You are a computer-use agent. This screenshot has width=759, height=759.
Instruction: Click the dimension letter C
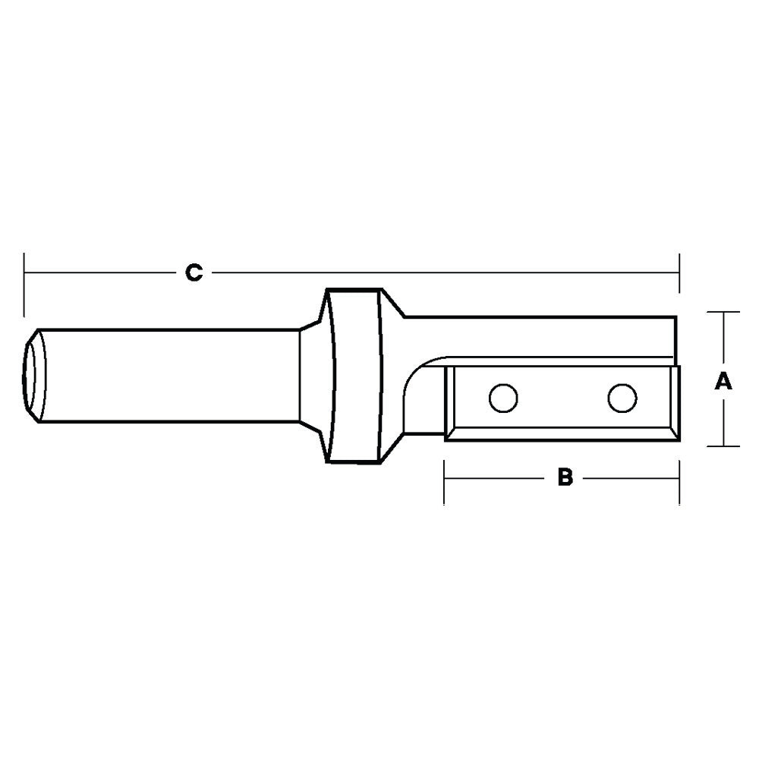point(194,272)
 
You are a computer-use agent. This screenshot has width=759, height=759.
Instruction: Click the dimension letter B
point(564,477)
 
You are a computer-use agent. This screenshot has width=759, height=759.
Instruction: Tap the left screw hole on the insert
point(502,398)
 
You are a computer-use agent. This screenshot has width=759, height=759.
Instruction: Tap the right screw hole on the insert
point(622,396)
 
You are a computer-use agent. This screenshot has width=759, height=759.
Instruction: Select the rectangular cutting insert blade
point(562,403)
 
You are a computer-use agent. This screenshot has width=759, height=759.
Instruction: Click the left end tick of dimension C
point(24,283)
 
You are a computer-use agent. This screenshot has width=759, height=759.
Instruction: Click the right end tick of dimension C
point(679,273)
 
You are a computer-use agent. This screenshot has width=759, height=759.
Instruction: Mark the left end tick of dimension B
point(445,480)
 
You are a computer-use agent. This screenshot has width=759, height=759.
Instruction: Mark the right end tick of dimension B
point(679,480)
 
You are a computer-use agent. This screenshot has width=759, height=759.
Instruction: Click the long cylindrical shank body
point(167,375)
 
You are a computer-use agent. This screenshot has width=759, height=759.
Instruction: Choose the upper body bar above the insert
point(539,338)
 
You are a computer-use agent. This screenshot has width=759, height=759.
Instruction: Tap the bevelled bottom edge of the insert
point(562,434)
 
